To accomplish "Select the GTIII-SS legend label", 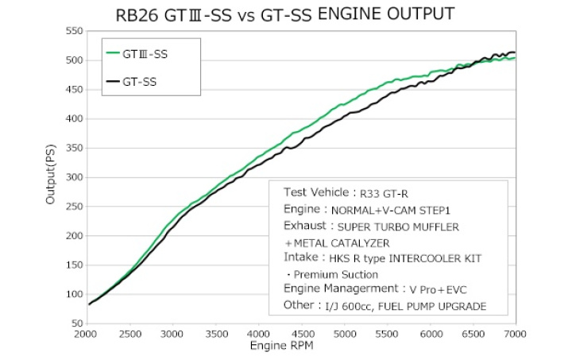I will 145,54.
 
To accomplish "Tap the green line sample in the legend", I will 113,54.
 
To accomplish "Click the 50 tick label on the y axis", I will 75,323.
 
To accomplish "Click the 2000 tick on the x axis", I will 87,334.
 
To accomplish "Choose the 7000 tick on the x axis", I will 516,334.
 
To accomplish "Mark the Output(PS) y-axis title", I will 50,177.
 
